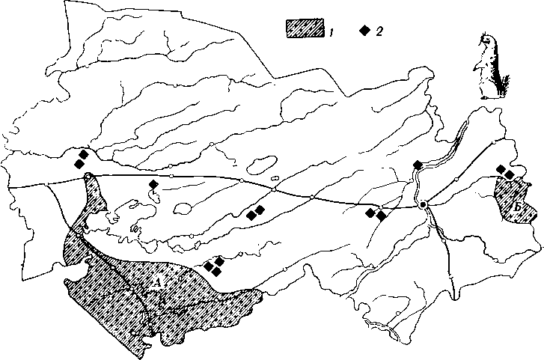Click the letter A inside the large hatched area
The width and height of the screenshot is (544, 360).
tap(156, 281)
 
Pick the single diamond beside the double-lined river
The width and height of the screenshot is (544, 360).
tap(418, 165)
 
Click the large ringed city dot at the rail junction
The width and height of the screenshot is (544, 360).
tap(424, 204)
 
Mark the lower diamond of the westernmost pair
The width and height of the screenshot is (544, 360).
tap(79, 164)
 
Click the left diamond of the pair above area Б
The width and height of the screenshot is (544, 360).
tap(501, 169)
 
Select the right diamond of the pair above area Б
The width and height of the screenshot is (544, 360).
tap(510, 174)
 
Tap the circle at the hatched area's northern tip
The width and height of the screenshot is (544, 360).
tap(89, 176)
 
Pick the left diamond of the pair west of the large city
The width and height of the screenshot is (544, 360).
tap(370, 213)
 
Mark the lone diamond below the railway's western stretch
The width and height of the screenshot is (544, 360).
tap(153, 184)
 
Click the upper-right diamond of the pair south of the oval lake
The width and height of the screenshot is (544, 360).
tap(260, 210)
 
